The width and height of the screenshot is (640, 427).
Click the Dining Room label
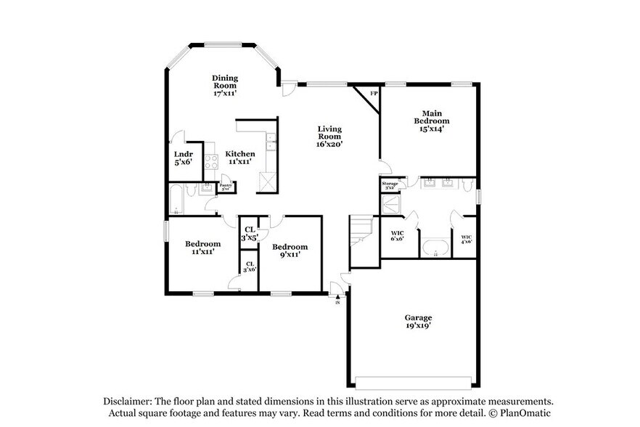click(225, 86)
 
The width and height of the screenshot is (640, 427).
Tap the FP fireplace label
click(374, 94)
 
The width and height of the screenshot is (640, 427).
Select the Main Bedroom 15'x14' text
click(428, 121)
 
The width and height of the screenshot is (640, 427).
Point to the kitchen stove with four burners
click(211, 162)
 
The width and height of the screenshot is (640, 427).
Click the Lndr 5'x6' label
click(183, 158)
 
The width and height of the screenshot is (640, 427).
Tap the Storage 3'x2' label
click(390, 186)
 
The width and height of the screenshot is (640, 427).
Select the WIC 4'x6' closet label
click(466, 238)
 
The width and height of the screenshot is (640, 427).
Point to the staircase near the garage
click(361, 231)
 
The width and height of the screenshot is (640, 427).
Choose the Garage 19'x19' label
click(418, 322)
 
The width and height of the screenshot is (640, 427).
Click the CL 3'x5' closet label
click(249, 233)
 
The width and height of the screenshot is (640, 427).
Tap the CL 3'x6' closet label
click(249, 267)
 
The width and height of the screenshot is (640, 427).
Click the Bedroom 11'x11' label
click(202, 248)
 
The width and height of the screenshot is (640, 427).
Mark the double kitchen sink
click(271, 141)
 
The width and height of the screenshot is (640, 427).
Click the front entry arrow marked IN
click(337, 295)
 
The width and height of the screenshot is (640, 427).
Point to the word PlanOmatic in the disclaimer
click(526, 412)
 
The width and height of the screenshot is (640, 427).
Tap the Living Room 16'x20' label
click(329, 136)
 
